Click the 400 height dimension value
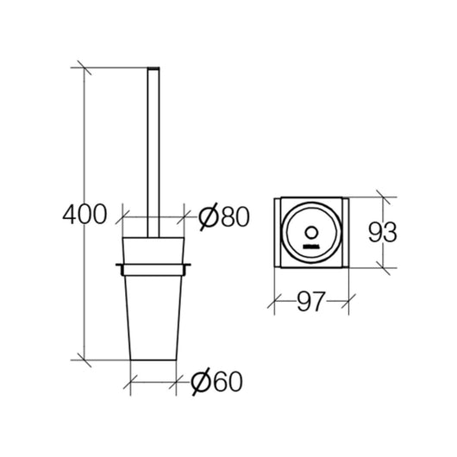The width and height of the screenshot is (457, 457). pyautogui.click(x=85, y=214)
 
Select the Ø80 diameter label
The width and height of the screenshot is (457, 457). pyautogui.click(x=224, y=216)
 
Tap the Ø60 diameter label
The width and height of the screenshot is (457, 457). pyautogui.click(x=216, y=381)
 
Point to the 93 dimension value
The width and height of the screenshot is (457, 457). pyautogui.click(x=382, y=232)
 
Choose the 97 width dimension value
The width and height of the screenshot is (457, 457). pyautogui.click(x=310, y=301)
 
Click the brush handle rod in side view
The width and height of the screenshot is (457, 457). pyautogui.click(x=153, y=153)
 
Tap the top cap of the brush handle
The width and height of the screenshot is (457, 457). pyautogui.click(x=153, y=68)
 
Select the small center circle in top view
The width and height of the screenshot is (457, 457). pyautogui.click(x=311, y=233)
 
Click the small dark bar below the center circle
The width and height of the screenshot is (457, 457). pyautogui.click(x=311, y=247)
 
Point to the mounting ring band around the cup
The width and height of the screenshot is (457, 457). pyautogui.click(x=153, y=270)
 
